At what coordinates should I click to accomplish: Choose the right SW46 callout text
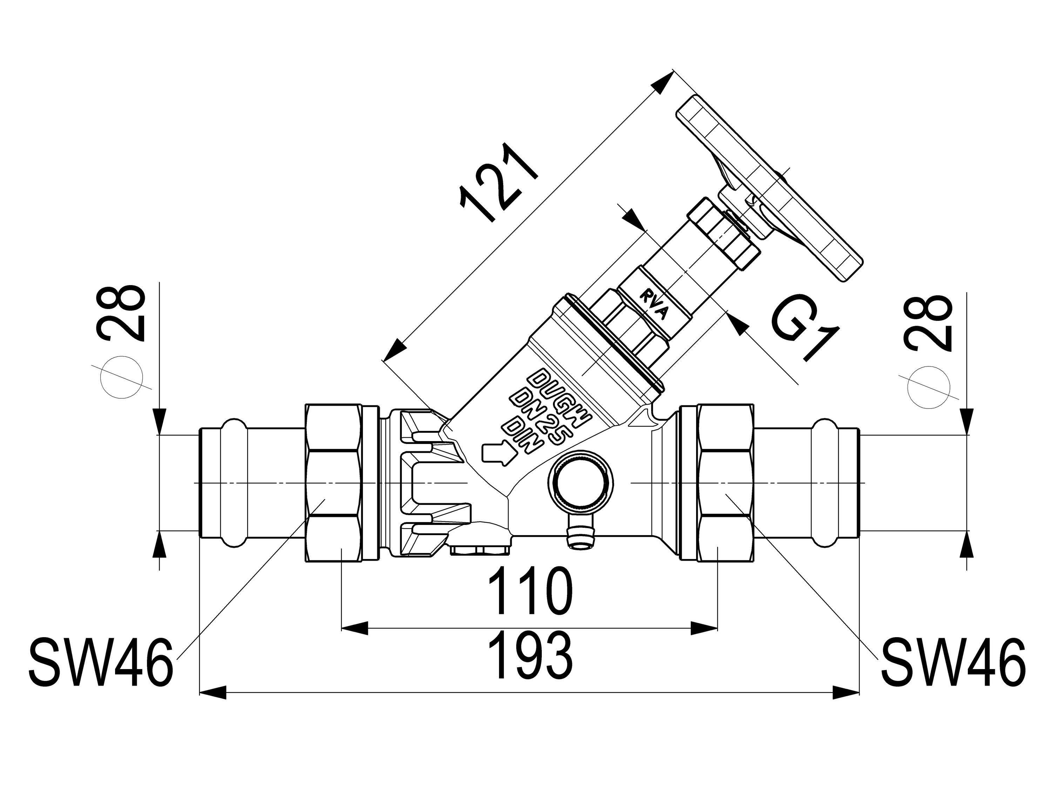click(953, 663)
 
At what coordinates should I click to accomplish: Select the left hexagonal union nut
click(333, 483)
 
